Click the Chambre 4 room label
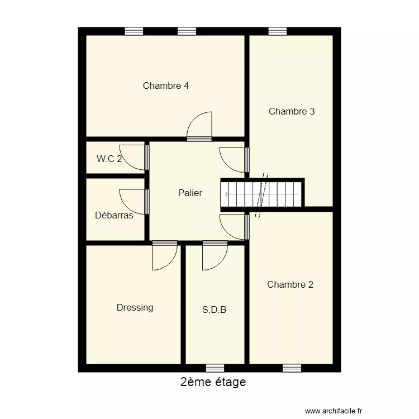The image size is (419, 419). [x=165, y=85]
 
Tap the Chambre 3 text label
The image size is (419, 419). [x=292, y=111]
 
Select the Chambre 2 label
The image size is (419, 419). [x=290, y=284]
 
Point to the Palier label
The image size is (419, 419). [x=190, y=193]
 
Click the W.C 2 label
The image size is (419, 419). [x=109, y=159]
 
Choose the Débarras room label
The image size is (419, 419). [x=114, y=215]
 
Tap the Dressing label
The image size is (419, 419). [x=135, y=307]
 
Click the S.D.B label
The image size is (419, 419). [x=214, y=309]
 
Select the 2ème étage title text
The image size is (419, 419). [x=213, y=383]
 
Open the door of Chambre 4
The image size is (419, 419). [x=200, y=126]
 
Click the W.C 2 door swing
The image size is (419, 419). [x=133, y=157]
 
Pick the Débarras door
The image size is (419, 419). [x=133, y=202]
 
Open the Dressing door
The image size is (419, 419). [x=164, y=256]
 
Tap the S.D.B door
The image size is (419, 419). [x=215, y=256]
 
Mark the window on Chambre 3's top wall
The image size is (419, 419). [x=277, y=31]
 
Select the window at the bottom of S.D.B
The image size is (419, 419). [x=215, y=368]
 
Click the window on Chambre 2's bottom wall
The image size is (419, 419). [x=292, y=368]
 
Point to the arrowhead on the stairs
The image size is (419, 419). [x=226, y=194]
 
